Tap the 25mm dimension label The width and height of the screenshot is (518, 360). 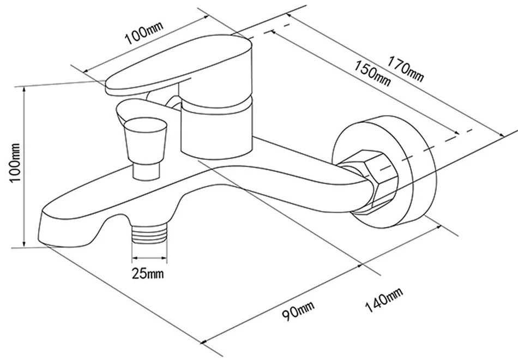click(x=148, y=273)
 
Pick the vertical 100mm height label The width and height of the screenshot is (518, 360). click(x=15, y=162)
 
